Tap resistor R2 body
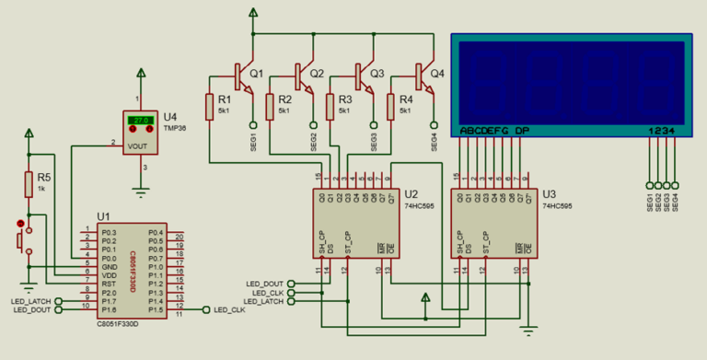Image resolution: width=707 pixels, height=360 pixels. click(x=271, y=105)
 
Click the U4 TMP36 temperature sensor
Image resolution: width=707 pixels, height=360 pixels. click(x=140, y=134)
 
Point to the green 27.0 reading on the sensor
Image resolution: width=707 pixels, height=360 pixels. click(x=140, y=121)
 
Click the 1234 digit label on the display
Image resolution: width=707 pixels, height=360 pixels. click(x=663, y=131)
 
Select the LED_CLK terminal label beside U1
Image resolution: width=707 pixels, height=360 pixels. click(x=229, y=310)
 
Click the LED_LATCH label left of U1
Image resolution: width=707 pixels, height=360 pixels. click(x=31, y=301)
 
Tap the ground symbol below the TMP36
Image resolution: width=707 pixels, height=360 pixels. click(x=140, y=191)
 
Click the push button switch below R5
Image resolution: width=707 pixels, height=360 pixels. click(x=22, y=238)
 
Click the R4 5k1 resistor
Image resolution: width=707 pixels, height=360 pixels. click(x=391, y=105)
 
